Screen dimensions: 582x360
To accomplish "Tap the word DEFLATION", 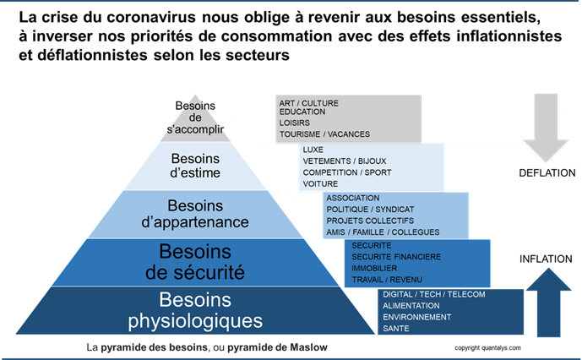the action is [547, 172].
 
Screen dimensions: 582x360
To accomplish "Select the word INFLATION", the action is [546, 259].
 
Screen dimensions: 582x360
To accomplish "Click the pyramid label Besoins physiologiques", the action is [195, 310].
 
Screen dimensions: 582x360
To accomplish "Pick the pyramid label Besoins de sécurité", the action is [195, 262].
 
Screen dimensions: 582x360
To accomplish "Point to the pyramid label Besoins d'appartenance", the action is [195, 214].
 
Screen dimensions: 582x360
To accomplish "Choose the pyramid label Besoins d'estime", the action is [195, 166].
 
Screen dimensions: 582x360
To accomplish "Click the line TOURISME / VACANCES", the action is [324, 134].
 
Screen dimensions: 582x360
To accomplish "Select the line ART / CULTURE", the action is [309, 103].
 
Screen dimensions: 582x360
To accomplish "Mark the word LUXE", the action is [313, 150].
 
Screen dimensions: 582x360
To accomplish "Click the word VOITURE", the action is [320, 184].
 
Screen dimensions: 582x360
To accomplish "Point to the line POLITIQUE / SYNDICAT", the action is [370, 210].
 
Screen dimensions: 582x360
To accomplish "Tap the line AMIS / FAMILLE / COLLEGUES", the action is [383, 232].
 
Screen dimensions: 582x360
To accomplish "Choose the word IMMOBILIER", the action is [374, 268].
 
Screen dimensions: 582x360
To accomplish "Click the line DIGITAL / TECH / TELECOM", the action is [434, 295].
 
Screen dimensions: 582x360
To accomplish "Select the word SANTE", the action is [396, 329].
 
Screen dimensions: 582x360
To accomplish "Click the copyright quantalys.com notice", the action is [487, 348].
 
